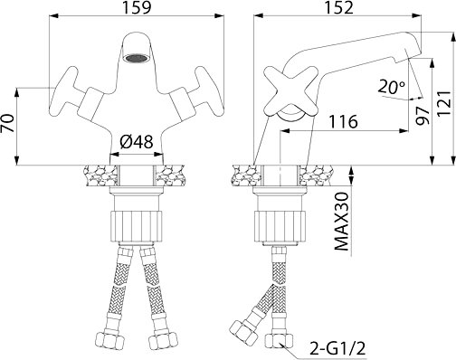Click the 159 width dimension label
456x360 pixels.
point(137,7)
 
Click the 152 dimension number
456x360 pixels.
point(338,7)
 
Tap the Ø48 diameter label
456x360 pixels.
point(137,142)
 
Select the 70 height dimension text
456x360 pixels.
point(8,123)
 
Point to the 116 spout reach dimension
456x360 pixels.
point(343,122)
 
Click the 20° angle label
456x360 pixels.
point(392,87)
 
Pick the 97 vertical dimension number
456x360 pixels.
point(423,115)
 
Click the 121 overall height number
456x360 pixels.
point(445,103)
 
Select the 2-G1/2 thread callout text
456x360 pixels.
point(337,349)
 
